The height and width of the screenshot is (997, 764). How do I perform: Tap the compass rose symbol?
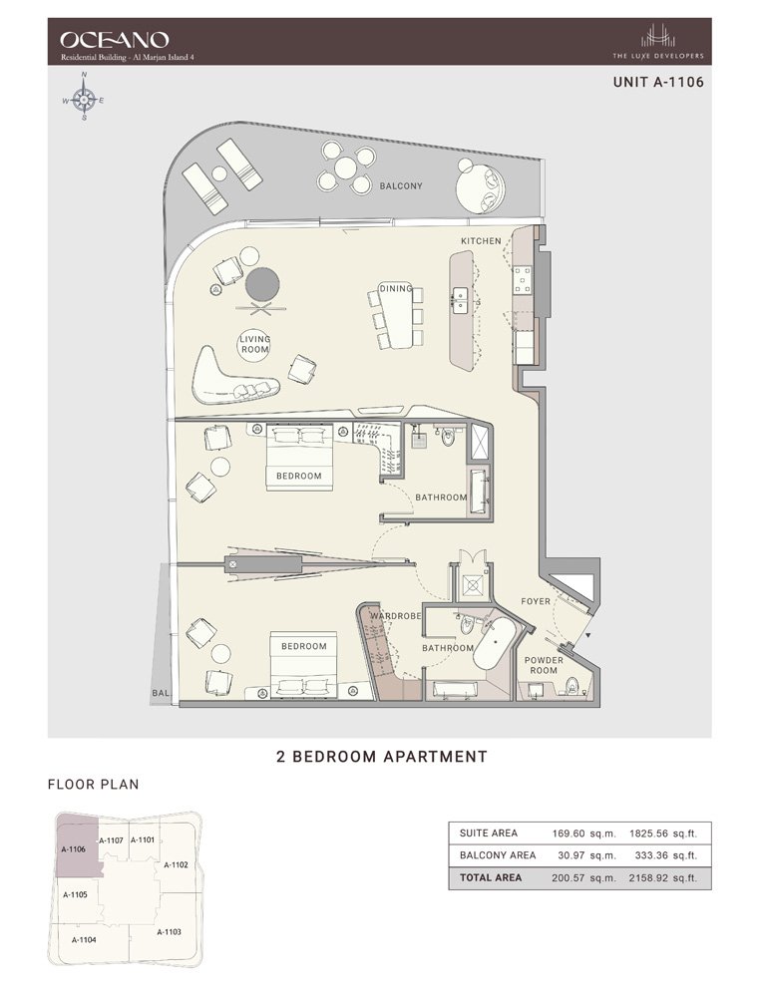85,101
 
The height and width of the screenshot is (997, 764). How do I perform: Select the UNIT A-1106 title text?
658,83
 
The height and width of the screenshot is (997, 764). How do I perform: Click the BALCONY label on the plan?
401,186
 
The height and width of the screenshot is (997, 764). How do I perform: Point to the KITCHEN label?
481,242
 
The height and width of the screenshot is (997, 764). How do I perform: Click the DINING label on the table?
396,290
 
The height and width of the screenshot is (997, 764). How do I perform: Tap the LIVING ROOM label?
255,345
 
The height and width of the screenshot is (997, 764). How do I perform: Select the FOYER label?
536,601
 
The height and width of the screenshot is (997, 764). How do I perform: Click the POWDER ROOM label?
545,666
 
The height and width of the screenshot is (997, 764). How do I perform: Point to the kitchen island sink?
460,296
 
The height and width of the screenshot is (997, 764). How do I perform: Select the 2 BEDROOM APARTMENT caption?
381,757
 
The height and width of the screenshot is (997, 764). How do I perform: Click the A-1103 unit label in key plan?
169,931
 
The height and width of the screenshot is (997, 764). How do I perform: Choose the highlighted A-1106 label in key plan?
73,849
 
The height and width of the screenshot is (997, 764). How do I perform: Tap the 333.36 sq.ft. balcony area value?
663,855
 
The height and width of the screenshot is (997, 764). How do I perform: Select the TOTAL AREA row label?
491,878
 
